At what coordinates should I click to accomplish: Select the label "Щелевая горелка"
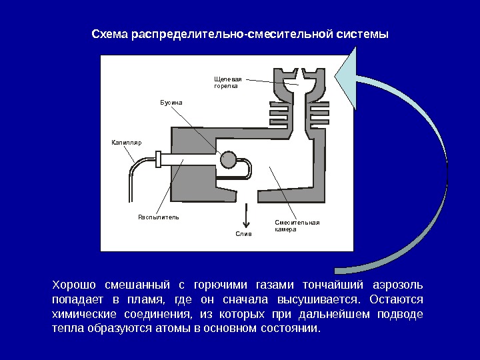tap(227, 82)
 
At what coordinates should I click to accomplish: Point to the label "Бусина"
tap(171, 103)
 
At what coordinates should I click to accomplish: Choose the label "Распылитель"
tap(158, 217)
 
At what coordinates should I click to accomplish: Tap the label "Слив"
tap(245, 234)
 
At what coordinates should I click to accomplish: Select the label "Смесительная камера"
tap(297, 225)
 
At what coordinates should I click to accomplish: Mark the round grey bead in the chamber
tap(229, 160)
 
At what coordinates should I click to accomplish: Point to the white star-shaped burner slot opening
tap(299, 81)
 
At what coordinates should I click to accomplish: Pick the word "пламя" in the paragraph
tap(143, 300)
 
